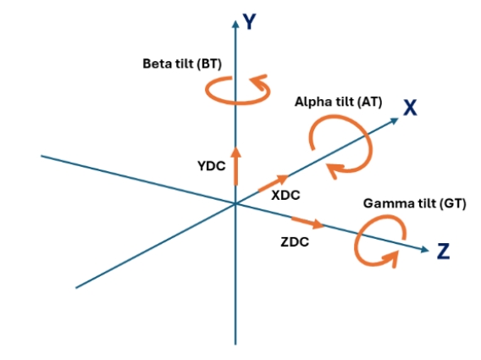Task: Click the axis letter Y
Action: pyautogui.click(x=250, y=22)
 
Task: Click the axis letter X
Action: pyautogui.click(x=410, y=108)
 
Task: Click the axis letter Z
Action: pyautogui.click(x=443, y=252)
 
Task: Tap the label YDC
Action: pyautogui.click(x=212, y=166)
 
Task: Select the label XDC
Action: pyautogui.click(x=285, y=195)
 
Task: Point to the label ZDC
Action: pyautogui.click(x=295, y=242)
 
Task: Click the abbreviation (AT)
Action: pyautogui.click(x=370, y=102)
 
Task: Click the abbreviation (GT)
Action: pyautogui.click(x=453, y=203)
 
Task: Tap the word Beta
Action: pyautogui.click(x=158, y=64)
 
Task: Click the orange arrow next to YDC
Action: pyautogui.click(x=236, y=166)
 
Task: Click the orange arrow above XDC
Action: pyautogui.click(x=274, y=183)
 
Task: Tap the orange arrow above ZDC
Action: pyautogui.click(x=307, y=223)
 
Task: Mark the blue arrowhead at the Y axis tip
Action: pyautogui.click(x=235, y=24)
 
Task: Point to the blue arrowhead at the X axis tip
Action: pyautogui.click(x=395, y=120)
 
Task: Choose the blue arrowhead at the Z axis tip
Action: pyautogui.click(x=425, y=250)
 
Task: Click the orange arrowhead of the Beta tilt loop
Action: pyautogui.click(x=258, y=82)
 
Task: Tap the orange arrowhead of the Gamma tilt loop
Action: pyautogui.click(x=390, y=258)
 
